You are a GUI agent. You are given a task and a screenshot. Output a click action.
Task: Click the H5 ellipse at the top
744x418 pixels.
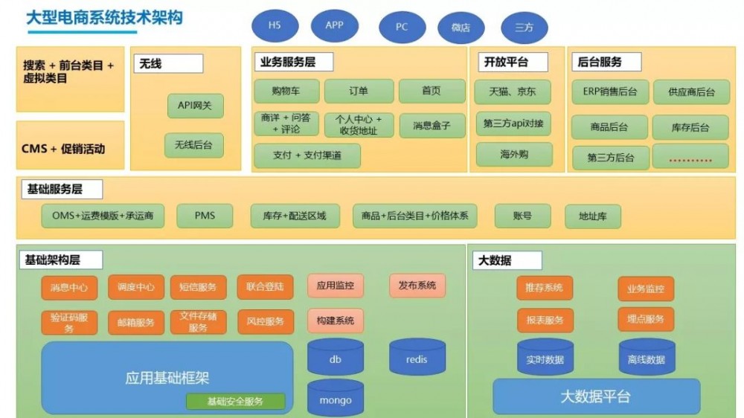(x=275, y=25)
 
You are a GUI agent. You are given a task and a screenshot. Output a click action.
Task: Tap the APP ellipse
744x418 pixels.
(x=334, y=25)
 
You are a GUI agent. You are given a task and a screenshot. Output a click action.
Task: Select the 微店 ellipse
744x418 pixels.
(x=461, y=28)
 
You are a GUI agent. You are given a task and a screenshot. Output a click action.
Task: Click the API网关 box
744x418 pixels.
(x=195, y=106)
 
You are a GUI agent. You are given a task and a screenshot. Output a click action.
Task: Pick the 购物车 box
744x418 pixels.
(x=286, y=91)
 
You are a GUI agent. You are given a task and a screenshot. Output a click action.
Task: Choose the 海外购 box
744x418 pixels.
(x=513, y=154)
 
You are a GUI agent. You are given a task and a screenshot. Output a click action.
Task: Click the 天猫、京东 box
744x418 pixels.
(x=513, y=92)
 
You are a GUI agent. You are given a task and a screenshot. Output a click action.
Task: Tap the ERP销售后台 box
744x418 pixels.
(x=610, y=92)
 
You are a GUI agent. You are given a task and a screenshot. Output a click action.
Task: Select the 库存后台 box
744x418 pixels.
(x=690, y=127)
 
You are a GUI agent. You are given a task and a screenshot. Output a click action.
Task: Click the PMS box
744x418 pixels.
(x=205, y=216)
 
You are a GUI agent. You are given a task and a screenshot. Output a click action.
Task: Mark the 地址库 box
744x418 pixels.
(x=593, y=216)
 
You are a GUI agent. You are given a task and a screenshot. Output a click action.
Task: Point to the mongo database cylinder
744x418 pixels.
(x=336, y=398)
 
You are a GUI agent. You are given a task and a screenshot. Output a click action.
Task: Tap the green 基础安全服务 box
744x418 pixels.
(x=235, y=402)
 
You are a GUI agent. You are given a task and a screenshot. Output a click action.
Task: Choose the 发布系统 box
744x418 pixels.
(x=417, y=285)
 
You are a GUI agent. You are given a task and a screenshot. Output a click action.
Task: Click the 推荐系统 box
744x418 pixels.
(x=545, y=288)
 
